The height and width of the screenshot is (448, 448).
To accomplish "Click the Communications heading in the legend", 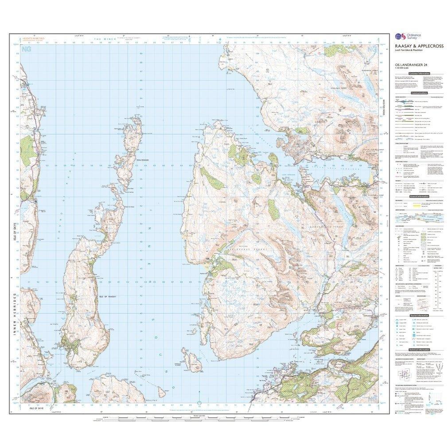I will (419, 93).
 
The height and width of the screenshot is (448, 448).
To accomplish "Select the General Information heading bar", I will (419, 196).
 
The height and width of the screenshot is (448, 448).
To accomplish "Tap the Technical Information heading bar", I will (419, 350).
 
